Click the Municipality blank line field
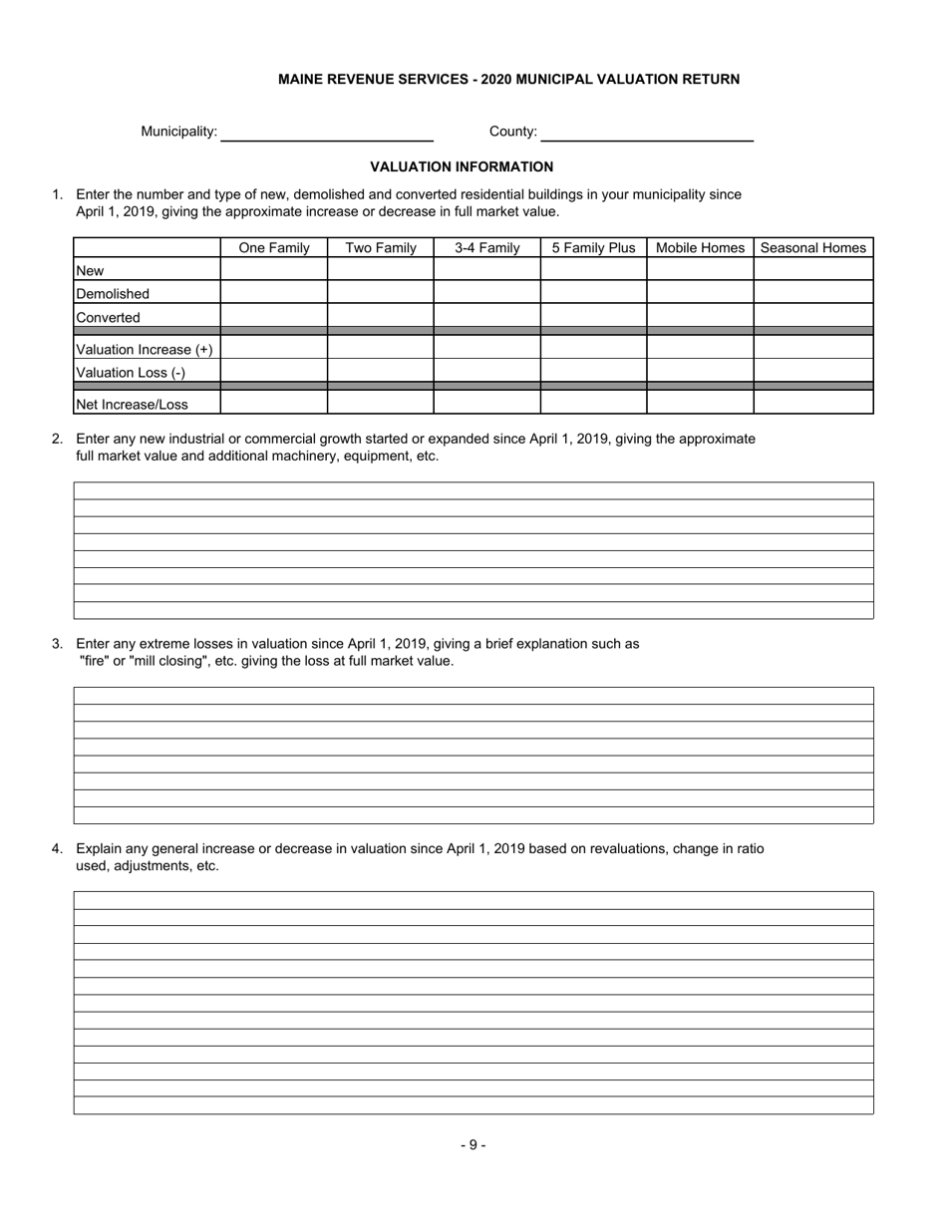click(327, 132)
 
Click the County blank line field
click(646, 132)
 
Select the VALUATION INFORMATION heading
click(462, 166)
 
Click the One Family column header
click(274, 248)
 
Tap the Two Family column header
click(381, 248)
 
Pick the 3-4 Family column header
click(487, 248)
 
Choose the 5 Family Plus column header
click(593, 248)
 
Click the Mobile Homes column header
click(700, 248)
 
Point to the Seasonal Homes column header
click(813, 248)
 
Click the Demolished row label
click(113, 294)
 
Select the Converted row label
click(109, 318)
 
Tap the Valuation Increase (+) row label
click(145, 350)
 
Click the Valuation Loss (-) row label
click(131, 373)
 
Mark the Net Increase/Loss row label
click(133, 405)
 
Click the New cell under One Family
click(274, 270)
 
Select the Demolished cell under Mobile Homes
click(700, 293)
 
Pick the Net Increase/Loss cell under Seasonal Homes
click(813, 403)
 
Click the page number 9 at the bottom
click(473, 1145)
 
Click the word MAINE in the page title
click(301, 79)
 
